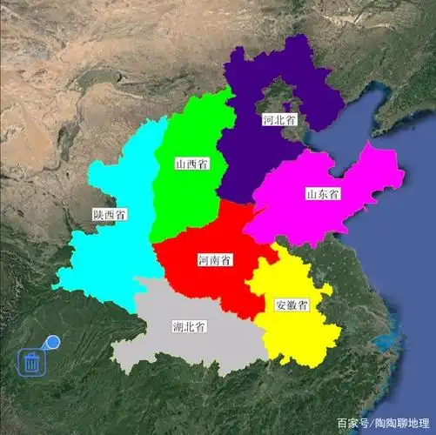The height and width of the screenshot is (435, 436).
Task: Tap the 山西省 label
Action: tap(190, 163)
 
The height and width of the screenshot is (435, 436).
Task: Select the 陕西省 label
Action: tap(110, 213)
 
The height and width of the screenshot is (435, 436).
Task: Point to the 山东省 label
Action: tap(322, 192)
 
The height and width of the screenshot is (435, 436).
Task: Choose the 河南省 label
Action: tap(214, 260)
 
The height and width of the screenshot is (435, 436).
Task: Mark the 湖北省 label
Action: tap(189, 327)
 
